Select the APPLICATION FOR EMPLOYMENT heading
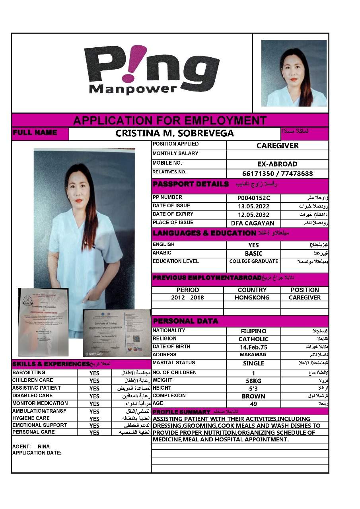pos(170,120)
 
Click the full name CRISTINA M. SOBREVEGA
pos(175,134)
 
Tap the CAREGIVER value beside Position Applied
pos(277,146)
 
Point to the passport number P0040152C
pos(253,198)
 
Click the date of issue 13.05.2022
pos(253,206)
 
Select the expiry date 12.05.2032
pos(253,215)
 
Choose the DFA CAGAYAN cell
pos(253,223)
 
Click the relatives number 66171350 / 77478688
pos(277,174)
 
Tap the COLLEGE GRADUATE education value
pos(253,261)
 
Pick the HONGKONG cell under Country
pos(252,297)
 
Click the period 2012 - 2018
pos(187,297)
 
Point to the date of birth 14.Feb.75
pos(253,347)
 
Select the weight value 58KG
pos(253,381)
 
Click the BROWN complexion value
pos(253,396)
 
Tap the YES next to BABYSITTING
pos(94,373)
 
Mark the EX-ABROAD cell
pos(277,164)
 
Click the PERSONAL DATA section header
pos(185,321)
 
